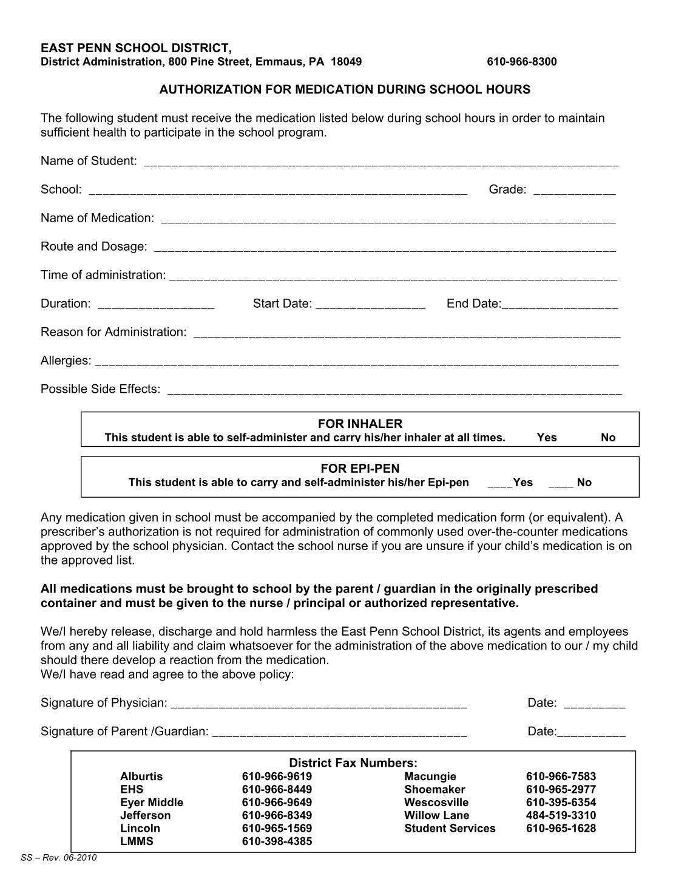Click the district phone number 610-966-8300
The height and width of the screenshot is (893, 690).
pos(521,62)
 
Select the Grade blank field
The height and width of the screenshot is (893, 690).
pos(574,191)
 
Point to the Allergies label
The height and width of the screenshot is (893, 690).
pos(66,361)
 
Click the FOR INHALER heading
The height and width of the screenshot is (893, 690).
pos(360,424)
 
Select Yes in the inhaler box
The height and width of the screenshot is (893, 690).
pos(546,438)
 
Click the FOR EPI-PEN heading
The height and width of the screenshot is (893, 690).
pos(360,469)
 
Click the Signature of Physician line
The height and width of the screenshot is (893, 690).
pos(319,705)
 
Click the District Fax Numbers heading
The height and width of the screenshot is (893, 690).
pos(353,763)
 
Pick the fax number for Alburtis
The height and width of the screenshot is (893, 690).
pos(277,776)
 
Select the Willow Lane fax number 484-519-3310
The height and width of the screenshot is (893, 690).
pos(561,815)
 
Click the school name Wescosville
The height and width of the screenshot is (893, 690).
pos(436,803)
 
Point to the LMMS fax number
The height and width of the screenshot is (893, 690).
pos(277,841)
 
